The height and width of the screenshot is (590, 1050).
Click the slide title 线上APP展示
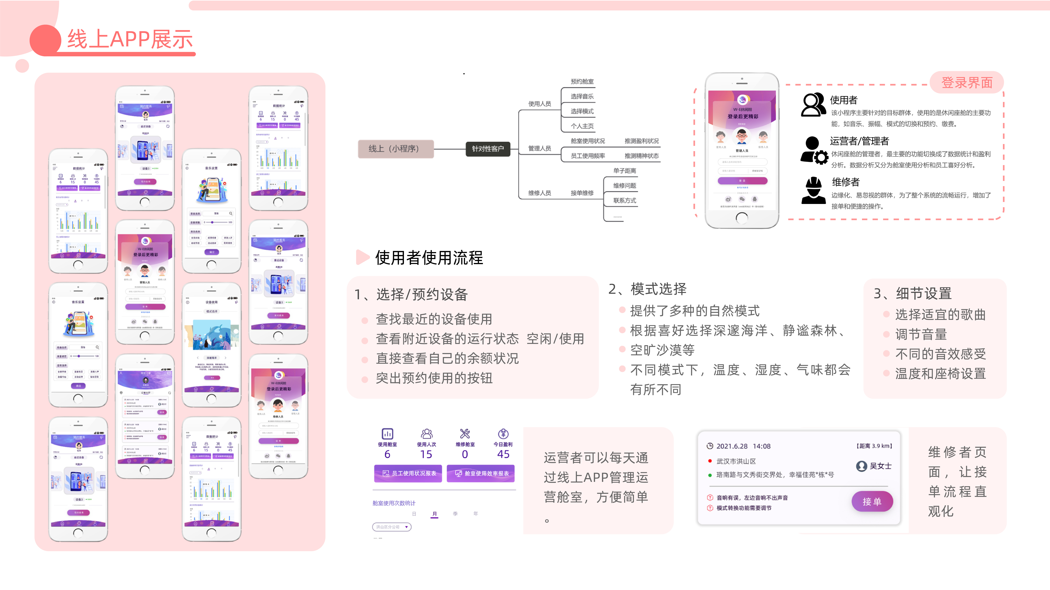coord(130,39)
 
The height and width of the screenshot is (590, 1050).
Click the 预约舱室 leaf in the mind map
coord(582,81)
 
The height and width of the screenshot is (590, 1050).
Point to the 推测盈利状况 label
coord(642,141)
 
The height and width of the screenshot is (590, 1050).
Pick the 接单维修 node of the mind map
coord(582,193)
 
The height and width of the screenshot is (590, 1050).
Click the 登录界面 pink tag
coord(967,83)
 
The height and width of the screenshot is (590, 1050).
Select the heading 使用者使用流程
coord(429,258)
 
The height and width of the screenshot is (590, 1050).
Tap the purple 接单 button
coord(872,502)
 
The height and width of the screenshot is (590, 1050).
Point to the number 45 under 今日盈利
coord(503,454)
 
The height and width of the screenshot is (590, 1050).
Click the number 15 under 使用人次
coord(426,454)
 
